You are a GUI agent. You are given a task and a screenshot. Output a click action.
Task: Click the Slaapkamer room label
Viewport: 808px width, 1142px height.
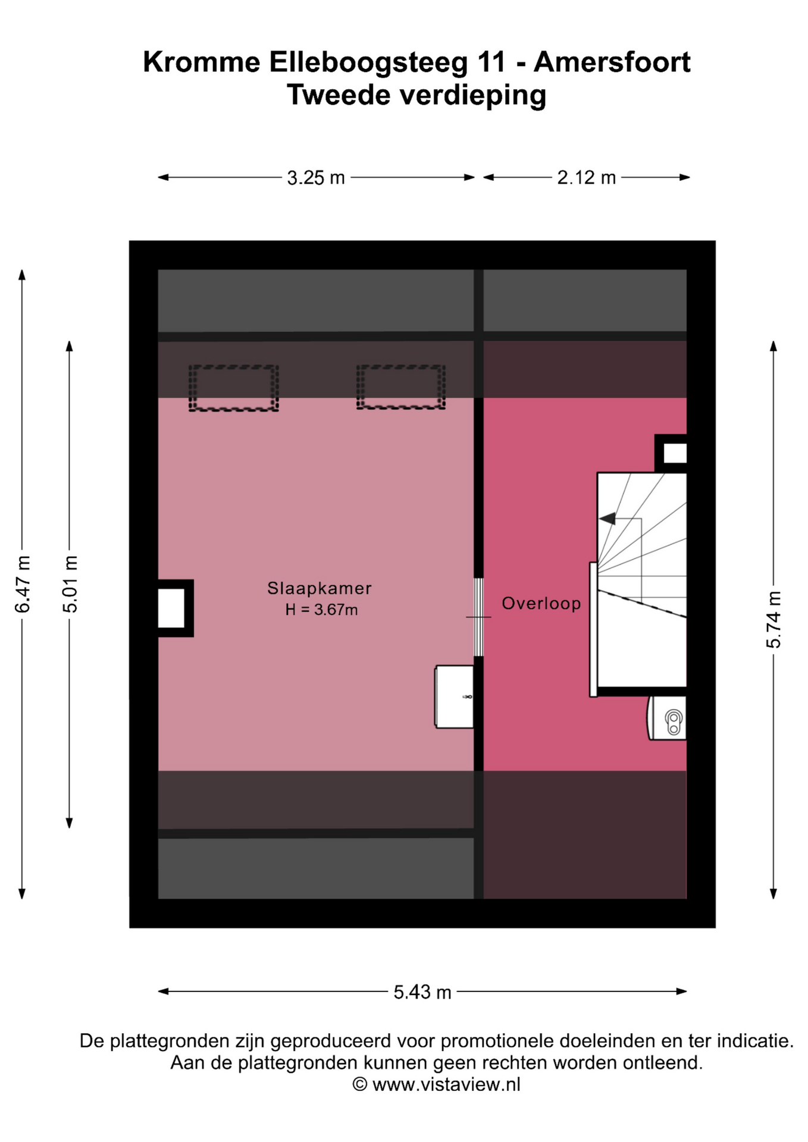click(320, 588)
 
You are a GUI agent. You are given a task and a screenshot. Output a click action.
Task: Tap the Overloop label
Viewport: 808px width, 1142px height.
click(541, 603)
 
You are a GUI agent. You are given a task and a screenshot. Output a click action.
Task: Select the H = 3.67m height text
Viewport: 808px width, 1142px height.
click(321, 610)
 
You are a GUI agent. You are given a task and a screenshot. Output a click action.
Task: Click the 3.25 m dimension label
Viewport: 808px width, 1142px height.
click(316, 177)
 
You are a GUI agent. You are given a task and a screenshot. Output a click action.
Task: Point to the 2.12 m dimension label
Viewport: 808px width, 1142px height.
click(586, 177)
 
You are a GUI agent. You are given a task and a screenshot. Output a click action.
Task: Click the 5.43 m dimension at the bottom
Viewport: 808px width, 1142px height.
click(422, 992)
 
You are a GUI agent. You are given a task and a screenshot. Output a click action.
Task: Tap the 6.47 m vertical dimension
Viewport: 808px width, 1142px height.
click(22, 584)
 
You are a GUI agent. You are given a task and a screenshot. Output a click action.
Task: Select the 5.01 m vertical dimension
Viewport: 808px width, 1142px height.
click(70, 584)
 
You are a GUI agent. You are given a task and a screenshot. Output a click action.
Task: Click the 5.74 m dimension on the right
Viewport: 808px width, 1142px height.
click(773, 619)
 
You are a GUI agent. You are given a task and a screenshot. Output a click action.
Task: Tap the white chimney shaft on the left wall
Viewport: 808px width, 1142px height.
click(171, 608)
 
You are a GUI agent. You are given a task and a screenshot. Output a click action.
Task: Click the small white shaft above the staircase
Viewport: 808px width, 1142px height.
click(675, 454)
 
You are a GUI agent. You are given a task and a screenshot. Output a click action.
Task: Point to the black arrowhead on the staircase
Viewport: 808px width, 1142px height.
click(607, 519)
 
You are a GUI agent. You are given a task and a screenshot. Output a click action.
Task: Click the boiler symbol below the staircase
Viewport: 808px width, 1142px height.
click(667, 718)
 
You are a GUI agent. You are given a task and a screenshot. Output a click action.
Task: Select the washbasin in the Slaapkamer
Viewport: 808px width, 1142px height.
click(454, 697)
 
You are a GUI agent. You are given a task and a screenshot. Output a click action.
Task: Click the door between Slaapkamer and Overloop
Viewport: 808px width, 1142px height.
click(478, 617)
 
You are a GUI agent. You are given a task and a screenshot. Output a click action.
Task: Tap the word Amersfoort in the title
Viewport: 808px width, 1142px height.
click(612, 62)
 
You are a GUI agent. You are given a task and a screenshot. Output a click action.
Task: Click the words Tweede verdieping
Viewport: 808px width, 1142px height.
click(416, 95)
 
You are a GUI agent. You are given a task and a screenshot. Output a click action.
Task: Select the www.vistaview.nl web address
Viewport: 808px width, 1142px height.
click(446, 1084)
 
